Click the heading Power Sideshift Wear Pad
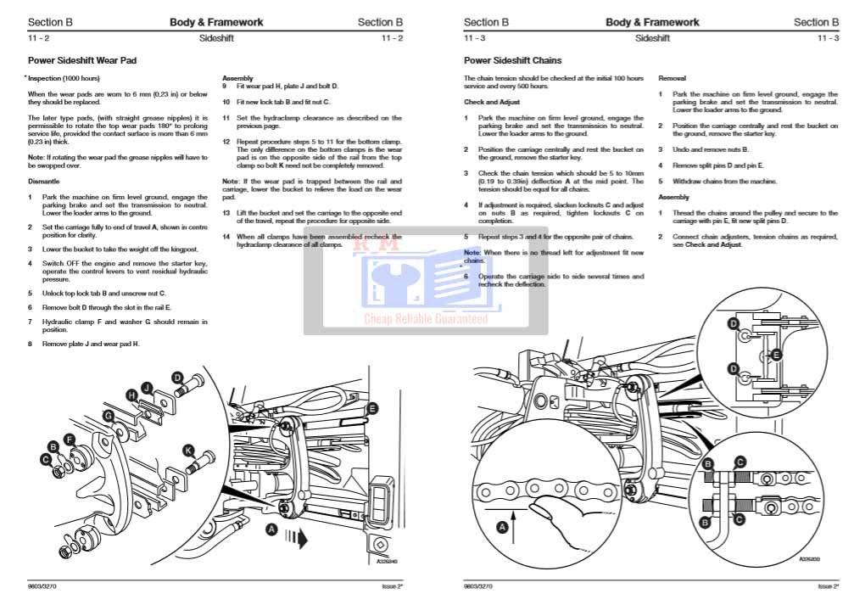point(82,61)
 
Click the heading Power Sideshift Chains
point(512,61)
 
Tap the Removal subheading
point(672,78)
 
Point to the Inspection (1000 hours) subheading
point(63,78)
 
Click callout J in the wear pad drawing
point(148,388)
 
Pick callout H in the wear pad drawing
point(131,395)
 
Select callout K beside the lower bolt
point(188,451)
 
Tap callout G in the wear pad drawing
point(108,415)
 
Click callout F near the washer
point(71,439)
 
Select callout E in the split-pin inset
point(775,355)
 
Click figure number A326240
point(388,561)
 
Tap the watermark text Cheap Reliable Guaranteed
point(426,319)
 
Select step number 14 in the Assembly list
point(226,237)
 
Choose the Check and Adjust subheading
point(491,102)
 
